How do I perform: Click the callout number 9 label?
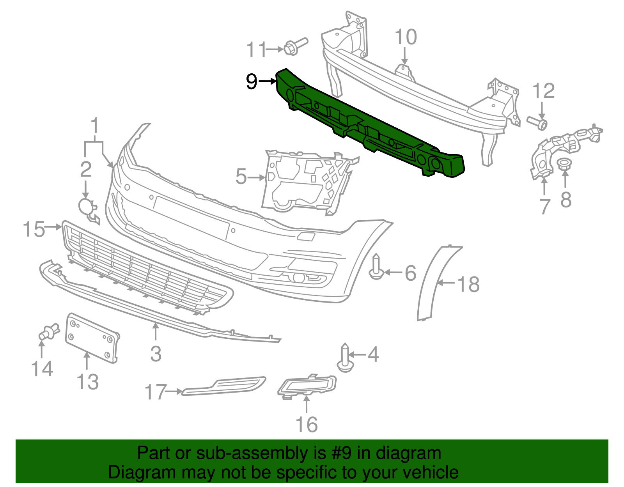click(x=252, y=81)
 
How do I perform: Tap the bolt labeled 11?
click(x=294, y=46)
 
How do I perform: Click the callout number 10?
click(x=406, y=37)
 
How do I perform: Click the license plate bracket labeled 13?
click(x=92, y=338)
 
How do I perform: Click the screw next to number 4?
click(x=345, y=359)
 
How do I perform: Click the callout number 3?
click(x=156, y=354)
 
